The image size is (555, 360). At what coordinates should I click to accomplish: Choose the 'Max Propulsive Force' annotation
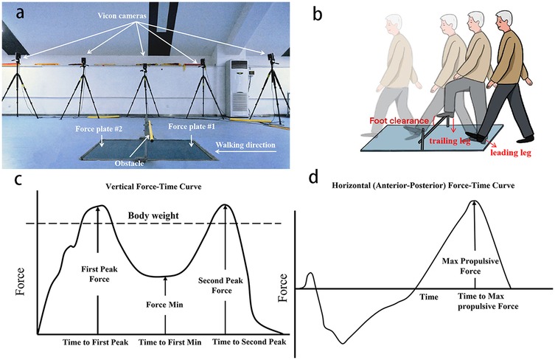475,267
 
